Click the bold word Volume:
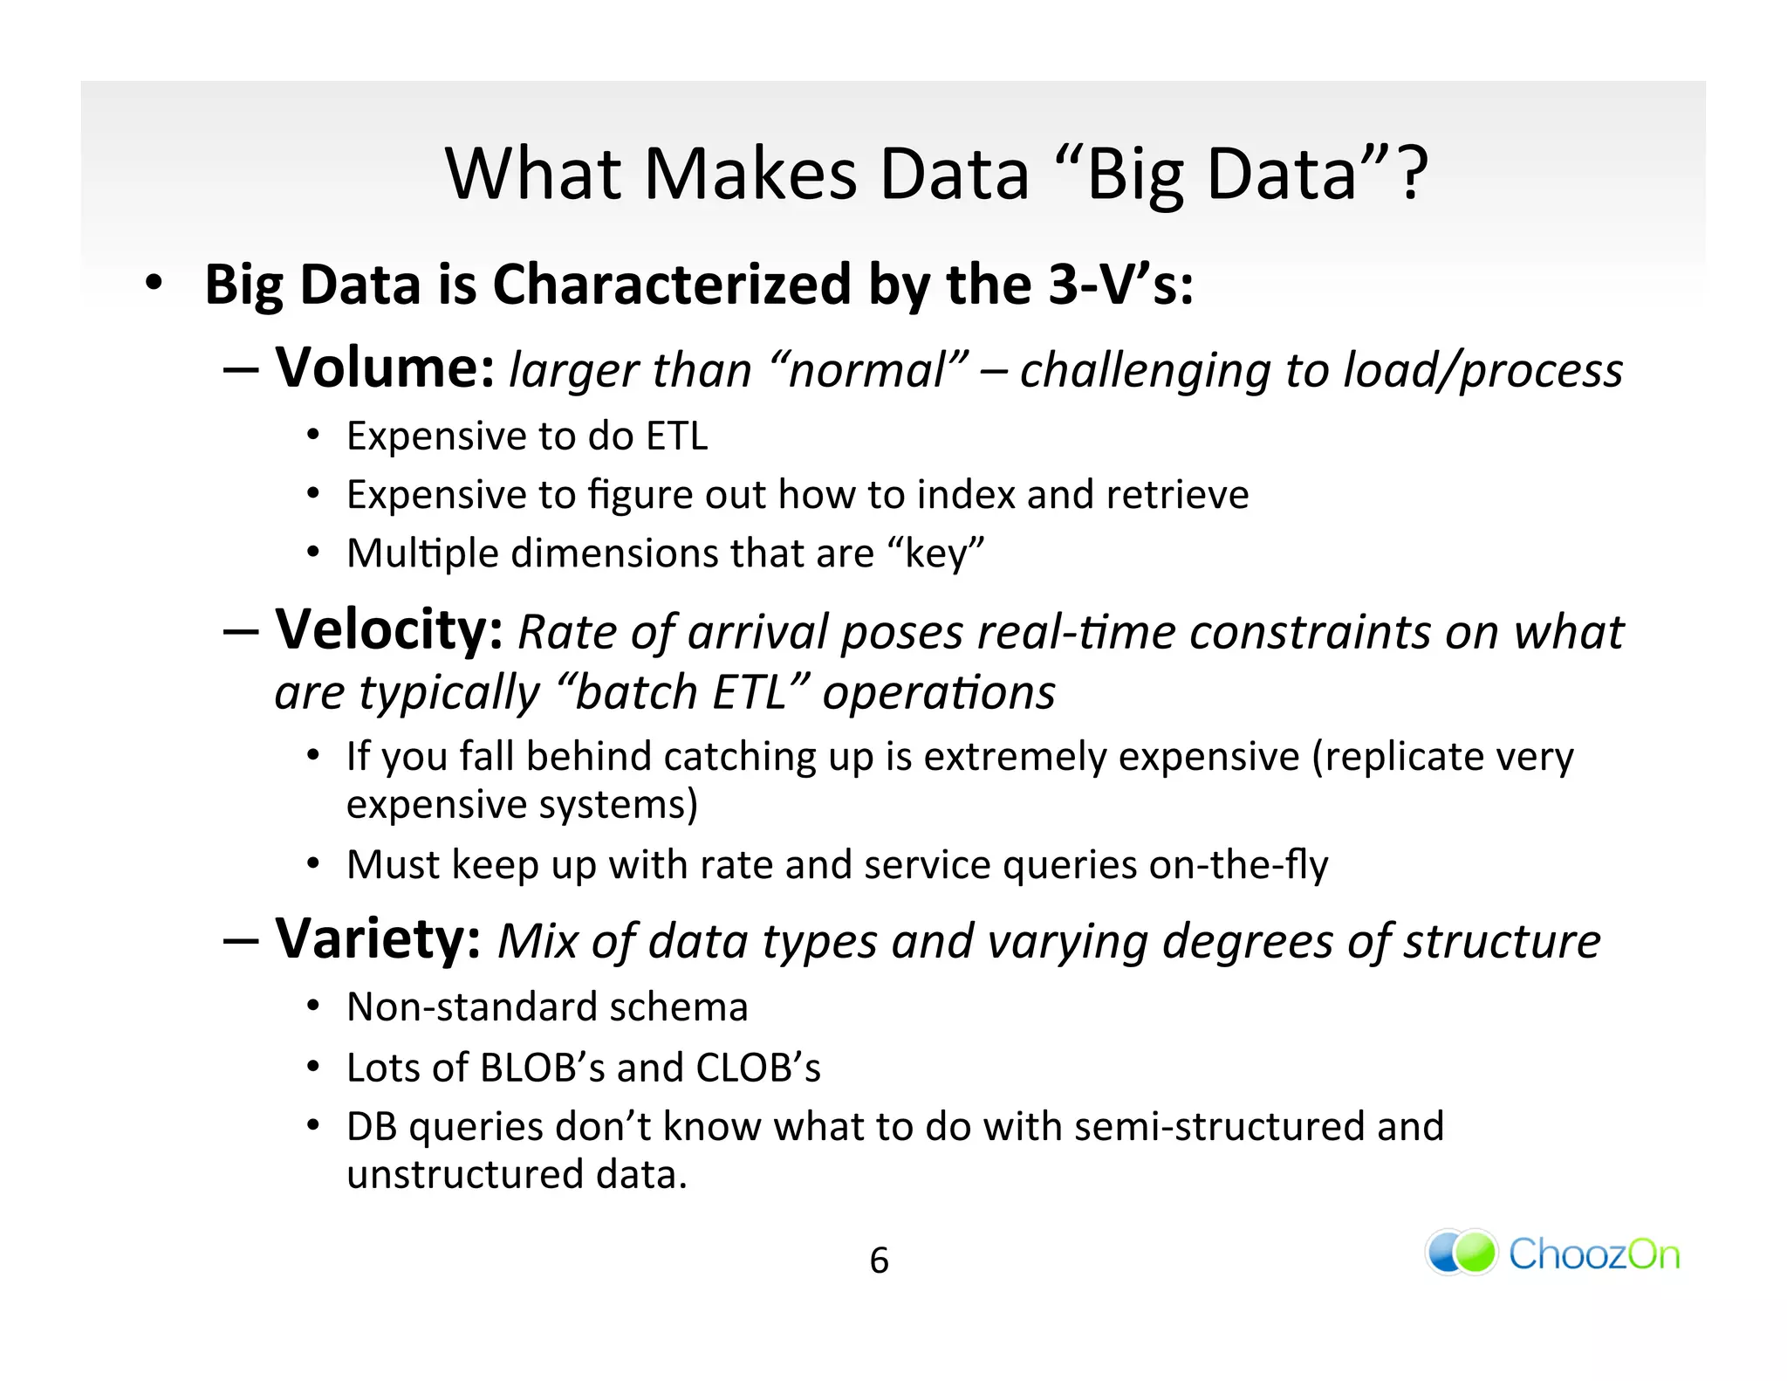coord(385,368)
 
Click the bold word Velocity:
coord(389,629)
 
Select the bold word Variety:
coord(378,939)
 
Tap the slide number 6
coord(879,1261)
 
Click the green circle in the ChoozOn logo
coord(1475,1253)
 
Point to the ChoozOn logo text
coord(1593,1254)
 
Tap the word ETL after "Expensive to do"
coord(676,436)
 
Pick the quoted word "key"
coord(935,553)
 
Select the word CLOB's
coord(757,1067)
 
